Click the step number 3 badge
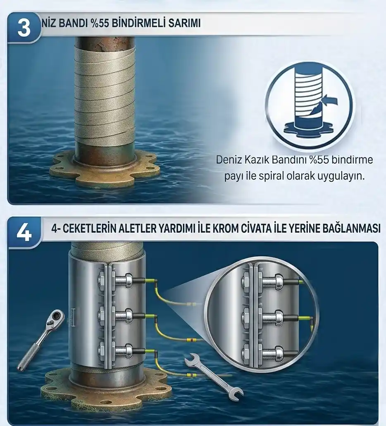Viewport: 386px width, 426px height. pos(24,28)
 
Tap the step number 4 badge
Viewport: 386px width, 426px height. pos(24,233)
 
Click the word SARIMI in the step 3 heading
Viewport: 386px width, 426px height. pos(184,23)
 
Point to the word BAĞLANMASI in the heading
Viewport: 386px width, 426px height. pos(351,229)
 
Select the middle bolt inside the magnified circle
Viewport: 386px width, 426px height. pos(268,317)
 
